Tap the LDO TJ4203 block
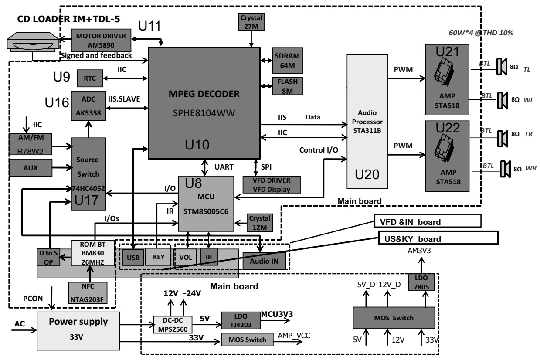240,320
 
